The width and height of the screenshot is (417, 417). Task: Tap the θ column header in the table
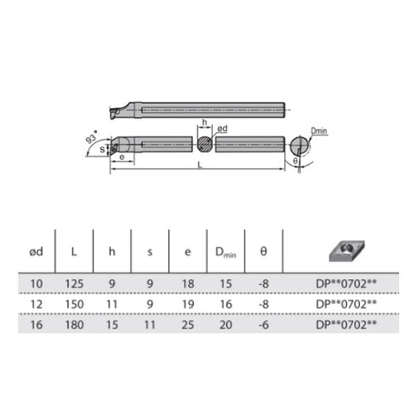pyautogui.click(x=263, y=253)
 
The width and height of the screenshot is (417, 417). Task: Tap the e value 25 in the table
pyautogui.click(x=187, y=323)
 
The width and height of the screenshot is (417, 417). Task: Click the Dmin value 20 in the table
pyautogui.click(x=226, y=323)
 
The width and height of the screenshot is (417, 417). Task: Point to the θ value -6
pyautogui.click(x=263, y=323)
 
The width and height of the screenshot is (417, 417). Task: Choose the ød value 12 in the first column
pyautogui.click(x=35, y=302)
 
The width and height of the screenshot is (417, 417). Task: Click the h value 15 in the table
pyautogui.click(x=111, y=323)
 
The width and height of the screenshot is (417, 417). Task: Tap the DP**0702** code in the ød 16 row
pyautogui.click(x=346, y=323)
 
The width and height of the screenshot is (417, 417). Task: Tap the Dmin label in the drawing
pyautogui.click(x=319, y=131)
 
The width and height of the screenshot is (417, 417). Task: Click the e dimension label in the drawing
pyautogui.click(x=124, y=158)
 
